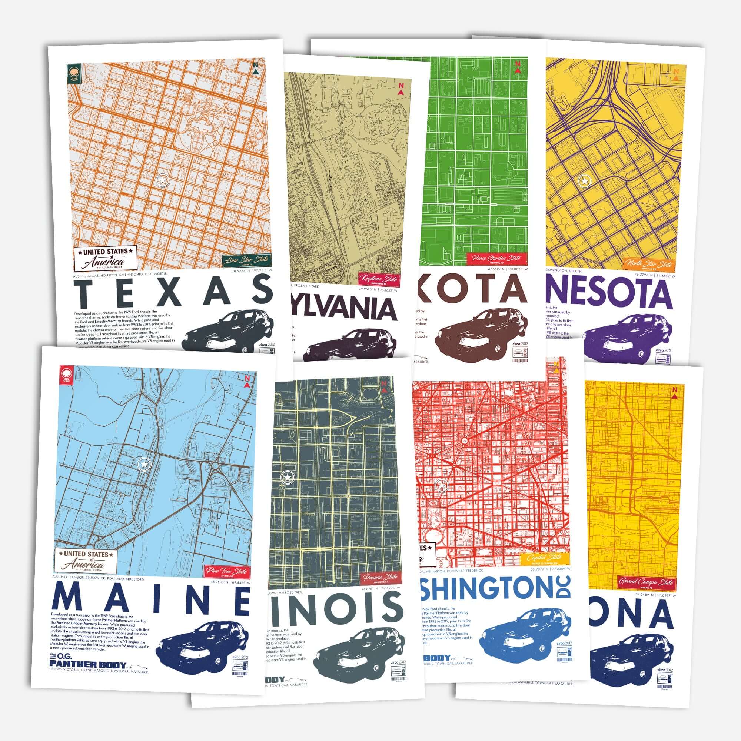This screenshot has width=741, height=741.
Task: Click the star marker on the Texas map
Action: point(163,179)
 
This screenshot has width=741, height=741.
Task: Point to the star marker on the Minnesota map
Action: point(584,180)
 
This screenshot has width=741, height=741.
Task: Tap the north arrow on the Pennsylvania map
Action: point(401,89)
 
